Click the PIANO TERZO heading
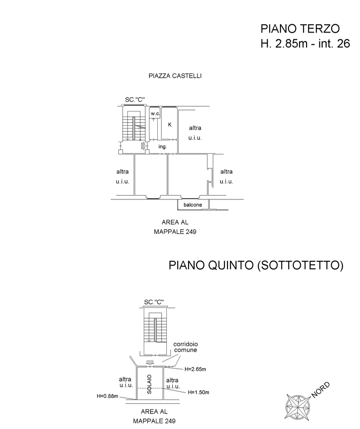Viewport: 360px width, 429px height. coord(300,29)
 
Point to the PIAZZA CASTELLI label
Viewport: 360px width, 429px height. coord(175,76)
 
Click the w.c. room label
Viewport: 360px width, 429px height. coord(155,114)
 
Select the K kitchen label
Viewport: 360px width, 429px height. coord(170,124)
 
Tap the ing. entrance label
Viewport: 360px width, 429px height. coord(163,147)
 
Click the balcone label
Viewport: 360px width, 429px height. coord(193,205)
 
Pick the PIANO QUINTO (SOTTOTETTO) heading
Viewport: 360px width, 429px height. coord(256,265)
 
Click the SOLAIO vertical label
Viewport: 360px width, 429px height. coord(150,384)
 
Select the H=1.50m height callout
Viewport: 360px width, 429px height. coord(198,392)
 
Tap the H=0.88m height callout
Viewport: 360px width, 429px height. coord(108,396)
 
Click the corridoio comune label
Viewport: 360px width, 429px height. coord(186,347)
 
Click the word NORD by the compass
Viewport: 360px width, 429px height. coord(320,390)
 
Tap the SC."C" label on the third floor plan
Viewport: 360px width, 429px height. coord(135,100)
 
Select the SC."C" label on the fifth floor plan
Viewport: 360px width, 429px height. coord(154,302)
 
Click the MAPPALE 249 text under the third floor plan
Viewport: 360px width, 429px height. coord(175,232)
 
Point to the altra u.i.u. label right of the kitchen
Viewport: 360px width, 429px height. coord(195,133)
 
